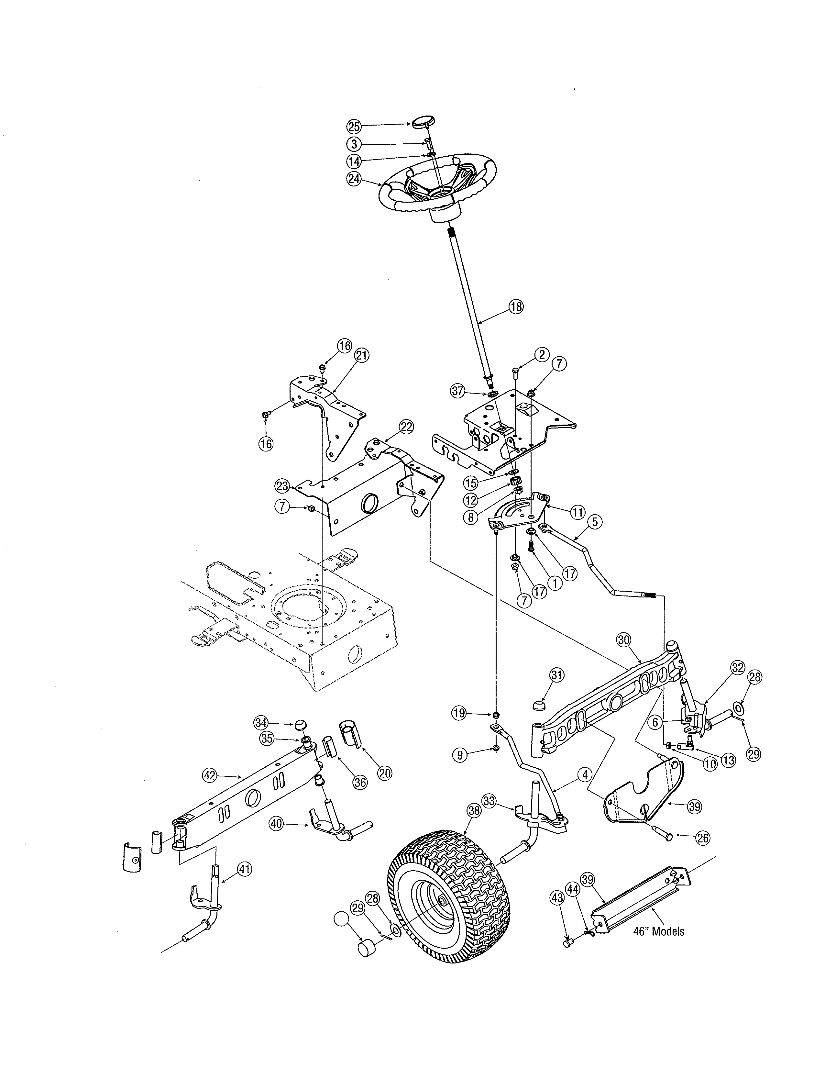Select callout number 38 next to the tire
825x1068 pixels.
click(474, 811)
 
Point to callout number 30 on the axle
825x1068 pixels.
click(624, 640)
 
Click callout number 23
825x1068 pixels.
click(282, 486)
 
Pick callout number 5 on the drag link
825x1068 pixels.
click(595, 522)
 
